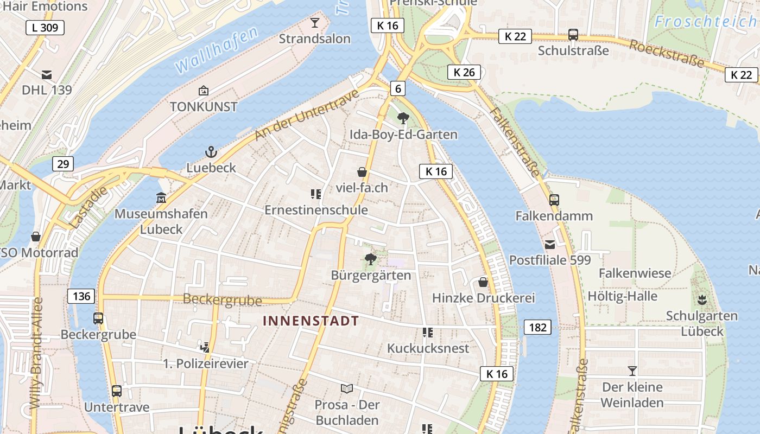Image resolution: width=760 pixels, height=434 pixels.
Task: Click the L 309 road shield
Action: pyautogui.click(x=45, y=28)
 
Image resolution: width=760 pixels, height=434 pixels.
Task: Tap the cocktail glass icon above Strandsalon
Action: pyautogui.click(x=314, y=23)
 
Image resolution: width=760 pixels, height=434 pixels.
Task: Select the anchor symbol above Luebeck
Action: pyautogui.click(x=211, y=152)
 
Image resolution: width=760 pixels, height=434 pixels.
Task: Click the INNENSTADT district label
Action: pyautogui.click(x=311, y=321)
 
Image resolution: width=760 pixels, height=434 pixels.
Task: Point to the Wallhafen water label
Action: pyautogui.click(x=216, y=51)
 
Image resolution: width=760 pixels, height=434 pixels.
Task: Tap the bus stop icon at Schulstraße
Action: pyautogui.click(x=573, y=35)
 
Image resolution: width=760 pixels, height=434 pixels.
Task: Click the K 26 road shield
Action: pyautogui.click(x=464, y=72)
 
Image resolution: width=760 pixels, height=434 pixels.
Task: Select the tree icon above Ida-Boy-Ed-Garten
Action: pyautogui.click(x=403, y=118)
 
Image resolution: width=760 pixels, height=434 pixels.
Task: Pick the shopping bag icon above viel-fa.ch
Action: pyautogui.click(x=362, y=173)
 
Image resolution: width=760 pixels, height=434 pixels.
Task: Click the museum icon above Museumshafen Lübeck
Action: pyautogui.click(x=161, y=197)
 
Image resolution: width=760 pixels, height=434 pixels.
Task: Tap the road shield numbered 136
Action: pyautogui.click(x=81, y=296)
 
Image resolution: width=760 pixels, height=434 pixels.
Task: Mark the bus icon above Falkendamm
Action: pyautogui.click(x=554, y=200)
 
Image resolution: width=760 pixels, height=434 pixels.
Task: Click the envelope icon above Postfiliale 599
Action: pyautogui.click(x=550, y=244)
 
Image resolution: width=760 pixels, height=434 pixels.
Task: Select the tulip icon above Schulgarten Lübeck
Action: pyautogui.click(x=702, y=299)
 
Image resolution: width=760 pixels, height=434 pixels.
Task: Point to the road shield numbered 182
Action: pyautogui.click(x=537, y=327)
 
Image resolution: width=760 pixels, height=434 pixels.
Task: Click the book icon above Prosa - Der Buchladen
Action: pyautogui.click(x=346, y=388)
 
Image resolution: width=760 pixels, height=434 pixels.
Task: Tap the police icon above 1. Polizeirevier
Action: pyautogui.click(x=205, y=347)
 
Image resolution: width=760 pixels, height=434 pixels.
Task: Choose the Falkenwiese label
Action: pyautogui.click(x=635, y=273)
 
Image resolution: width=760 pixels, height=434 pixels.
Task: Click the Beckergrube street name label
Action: pyautogui.click(x=223, y=299)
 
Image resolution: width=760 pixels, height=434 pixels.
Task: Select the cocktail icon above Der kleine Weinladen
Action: pyautogui.click(x=632, y=371)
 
